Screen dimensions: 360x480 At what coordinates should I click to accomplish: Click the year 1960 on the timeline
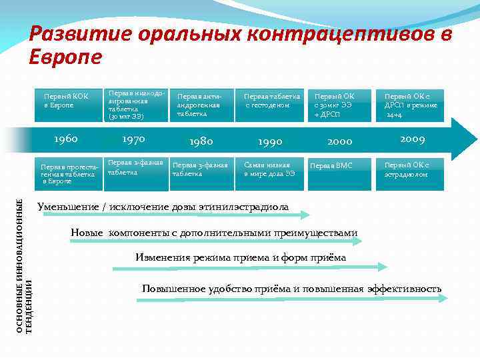[x=65, y=139]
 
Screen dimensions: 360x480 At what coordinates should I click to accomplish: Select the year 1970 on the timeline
[x=133, y=139]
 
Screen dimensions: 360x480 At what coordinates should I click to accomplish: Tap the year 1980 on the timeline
[x=201, y=141]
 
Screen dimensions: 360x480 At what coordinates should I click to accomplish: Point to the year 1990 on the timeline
[x=270, y=141]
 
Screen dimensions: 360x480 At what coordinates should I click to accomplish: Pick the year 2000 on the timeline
[x=340, y=141]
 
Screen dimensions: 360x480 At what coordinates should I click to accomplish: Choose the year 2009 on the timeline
[x=413, y=139]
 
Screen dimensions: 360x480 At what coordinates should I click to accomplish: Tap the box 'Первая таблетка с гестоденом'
[x=271, y=101]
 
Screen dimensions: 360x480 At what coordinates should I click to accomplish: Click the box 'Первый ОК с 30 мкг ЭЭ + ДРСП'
[x=340, y=105]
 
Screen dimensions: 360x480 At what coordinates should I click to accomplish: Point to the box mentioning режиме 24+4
[x=411, y=105]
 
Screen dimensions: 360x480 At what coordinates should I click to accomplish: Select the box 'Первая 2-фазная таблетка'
[x=133, y=167]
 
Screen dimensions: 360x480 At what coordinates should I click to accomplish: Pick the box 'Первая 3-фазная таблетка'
[x=201, y=169]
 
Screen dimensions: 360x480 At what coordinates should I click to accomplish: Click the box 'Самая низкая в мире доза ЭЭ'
[x=270, y=169]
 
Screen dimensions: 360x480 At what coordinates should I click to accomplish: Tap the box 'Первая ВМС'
[x=340, y=165]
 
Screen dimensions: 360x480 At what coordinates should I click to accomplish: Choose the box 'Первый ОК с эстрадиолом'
[x=411, y=169]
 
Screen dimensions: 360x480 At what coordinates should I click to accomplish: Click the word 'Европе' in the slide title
[x=65, y=57]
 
